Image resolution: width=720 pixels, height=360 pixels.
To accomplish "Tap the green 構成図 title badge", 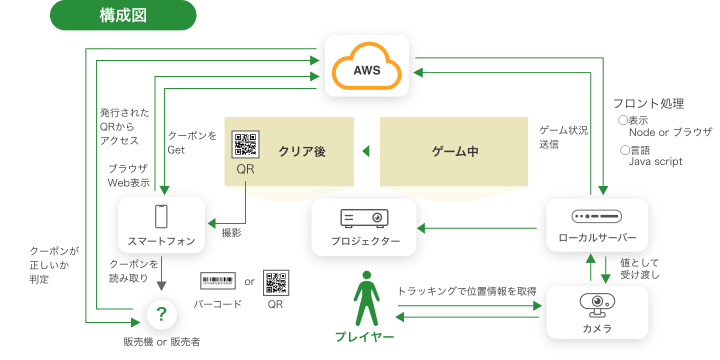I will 123,15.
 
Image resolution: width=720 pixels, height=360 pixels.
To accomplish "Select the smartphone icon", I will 161,216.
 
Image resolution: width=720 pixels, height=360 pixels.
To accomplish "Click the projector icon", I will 364,218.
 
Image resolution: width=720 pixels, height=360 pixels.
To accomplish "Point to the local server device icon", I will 596,216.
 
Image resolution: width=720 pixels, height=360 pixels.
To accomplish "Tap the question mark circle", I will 161,314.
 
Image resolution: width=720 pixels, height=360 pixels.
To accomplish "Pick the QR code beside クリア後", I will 245,144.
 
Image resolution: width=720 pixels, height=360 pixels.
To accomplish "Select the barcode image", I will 217,281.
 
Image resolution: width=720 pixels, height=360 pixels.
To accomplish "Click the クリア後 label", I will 302,151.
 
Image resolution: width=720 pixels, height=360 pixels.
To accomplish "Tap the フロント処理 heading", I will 648,103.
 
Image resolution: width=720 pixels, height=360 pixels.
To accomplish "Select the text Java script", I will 655,161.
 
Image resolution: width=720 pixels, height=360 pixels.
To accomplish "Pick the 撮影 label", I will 231,233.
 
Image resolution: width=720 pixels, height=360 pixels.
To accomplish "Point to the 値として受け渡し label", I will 639,268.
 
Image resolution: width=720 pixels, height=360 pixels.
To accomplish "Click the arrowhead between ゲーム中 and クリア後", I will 365,151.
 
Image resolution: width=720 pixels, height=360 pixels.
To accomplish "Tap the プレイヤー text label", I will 364,337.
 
